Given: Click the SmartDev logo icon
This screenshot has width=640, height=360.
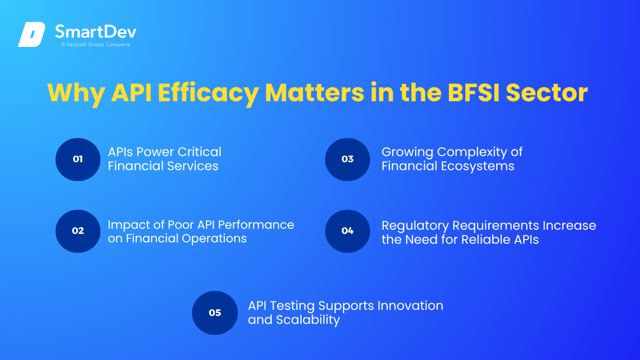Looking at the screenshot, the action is click(x=32, y=34).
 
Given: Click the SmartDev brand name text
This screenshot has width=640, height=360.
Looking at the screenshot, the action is click(x=96, y=31).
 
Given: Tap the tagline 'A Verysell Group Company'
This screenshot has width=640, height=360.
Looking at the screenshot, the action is click(x=96, y=45).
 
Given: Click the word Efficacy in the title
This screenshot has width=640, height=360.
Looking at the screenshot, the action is click(x=208, y=93).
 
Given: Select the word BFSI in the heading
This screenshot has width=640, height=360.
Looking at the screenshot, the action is click(x=473, y=93).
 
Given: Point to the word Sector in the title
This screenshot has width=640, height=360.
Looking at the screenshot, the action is click(x=547, y=93).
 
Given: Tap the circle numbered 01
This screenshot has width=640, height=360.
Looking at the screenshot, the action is click(x=78, y=159).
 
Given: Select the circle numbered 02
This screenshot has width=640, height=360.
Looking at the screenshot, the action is click(x=78, y=231).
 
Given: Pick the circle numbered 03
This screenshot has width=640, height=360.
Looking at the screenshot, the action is click(x=348, y=159).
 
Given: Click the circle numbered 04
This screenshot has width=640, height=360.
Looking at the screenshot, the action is click(x=348, y=231).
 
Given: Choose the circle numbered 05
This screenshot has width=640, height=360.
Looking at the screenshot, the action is click(x=215, y=313).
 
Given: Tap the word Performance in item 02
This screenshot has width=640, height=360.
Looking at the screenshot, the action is click(x=256, y=225).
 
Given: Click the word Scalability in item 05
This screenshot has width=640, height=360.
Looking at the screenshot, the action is click(x=308, y=320).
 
